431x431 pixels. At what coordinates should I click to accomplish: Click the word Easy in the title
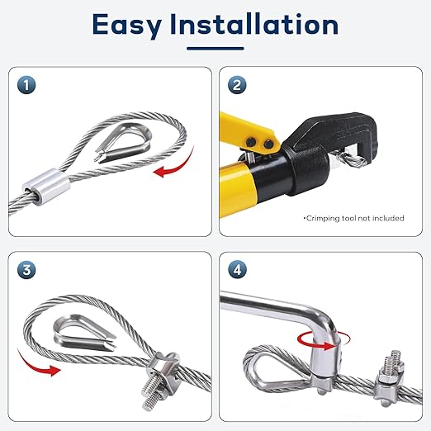(127, 26)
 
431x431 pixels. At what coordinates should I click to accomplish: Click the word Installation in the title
(254, 24)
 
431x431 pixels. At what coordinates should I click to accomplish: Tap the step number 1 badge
(26, 85)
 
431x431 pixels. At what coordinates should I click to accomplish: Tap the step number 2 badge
(237, 85)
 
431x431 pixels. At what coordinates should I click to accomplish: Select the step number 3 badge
(26, 270)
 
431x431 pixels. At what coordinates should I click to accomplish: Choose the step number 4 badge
(237, 270)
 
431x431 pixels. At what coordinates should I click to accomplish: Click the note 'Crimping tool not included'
(353, 218)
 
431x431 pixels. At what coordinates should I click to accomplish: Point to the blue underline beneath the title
(215, 49)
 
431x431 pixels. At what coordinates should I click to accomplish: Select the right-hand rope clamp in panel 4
(389, 378)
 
